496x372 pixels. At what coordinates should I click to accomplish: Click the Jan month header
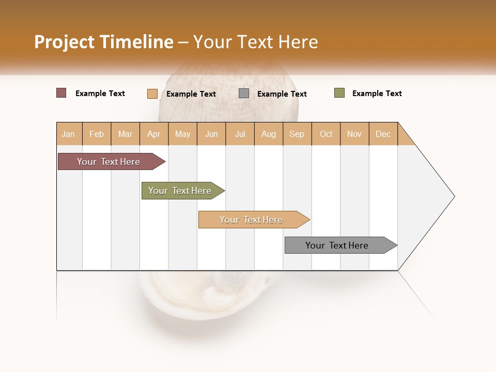(x=68, y=134)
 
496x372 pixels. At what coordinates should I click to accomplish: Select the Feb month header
(x=97, y=134)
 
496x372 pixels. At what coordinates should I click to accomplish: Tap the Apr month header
(x=154, y=134)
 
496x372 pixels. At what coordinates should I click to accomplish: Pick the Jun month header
(x=211, y=134)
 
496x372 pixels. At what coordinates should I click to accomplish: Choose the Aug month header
(x=269, y=134)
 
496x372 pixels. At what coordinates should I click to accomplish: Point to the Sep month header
(x=297, y=134)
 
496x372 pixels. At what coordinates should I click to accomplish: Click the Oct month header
(x=326, y=134)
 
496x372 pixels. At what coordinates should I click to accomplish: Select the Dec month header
(x=383, y=134)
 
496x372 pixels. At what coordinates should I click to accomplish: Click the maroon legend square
(x=61, y=93)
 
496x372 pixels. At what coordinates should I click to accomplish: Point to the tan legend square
(x=152, y=94)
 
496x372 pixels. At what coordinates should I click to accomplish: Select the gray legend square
(x=244, y=94)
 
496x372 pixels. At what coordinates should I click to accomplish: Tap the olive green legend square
(x=339, y=93)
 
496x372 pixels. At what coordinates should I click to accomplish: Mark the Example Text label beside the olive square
(x=377, y=94)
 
